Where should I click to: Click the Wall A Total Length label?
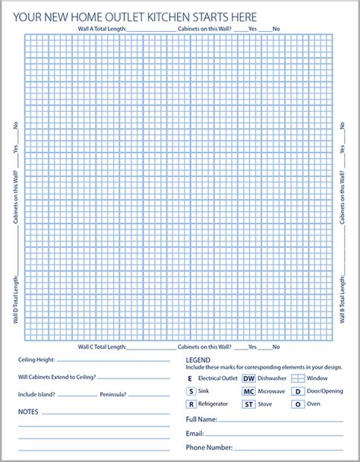pos(103,29)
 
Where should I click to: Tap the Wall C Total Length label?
pos(102,346)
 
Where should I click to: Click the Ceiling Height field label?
pos(38,360)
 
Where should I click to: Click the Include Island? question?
pos(38,394)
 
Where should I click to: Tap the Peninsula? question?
pos(112,394)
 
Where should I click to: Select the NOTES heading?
pos(29,411)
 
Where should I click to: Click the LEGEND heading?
pos(197,359)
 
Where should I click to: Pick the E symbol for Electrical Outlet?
pos(190,378)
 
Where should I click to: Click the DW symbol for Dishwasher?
pos(248,378)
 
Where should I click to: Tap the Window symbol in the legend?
pos(298,378)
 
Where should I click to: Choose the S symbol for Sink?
pos(190,391)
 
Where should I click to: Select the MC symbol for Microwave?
pos(248,391)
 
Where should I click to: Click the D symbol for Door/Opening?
pos(298,391)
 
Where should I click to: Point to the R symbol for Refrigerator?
pos(190,405)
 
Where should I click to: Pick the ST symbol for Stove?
pos(248,405)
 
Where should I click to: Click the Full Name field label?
pos(201,419)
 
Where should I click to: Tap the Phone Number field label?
pos(210,448)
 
